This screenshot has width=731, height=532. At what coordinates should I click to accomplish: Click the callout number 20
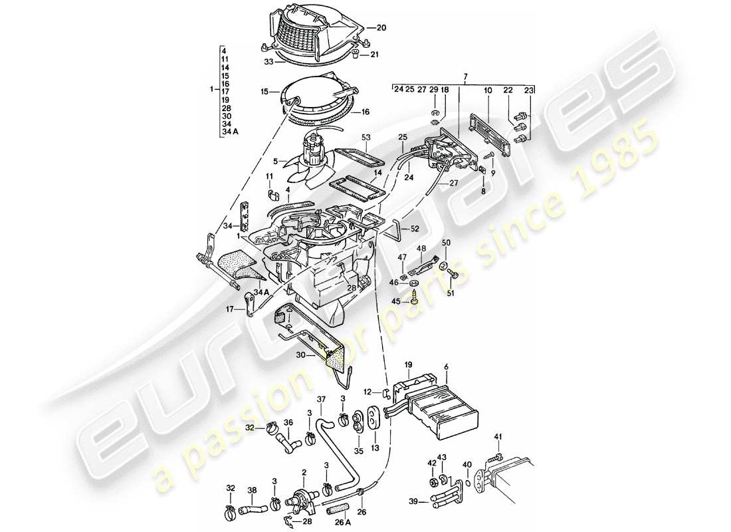pos(381,28)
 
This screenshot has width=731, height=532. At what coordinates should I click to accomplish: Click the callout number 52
pos(415,229)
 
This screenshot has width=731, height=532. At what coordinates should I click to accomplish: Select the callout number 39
pos(414,502)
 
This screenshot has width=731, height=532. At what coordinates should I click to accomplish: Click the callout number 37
pos(322,399)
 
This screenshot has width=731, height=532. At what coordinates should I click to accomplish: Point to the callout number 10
pos(488,89)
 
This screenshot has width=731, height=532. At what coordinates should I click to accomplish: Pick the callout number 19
pos(409,364)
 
